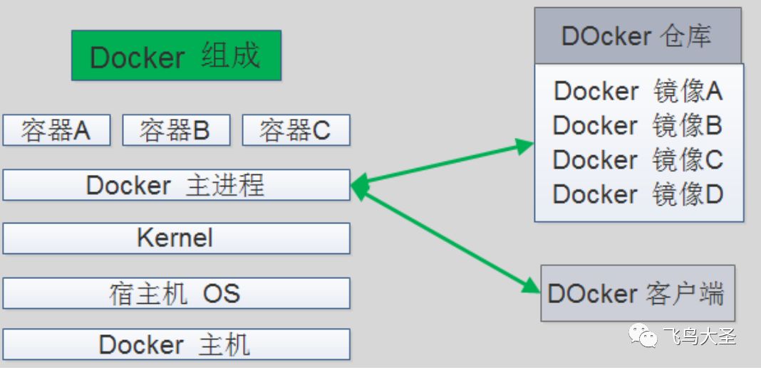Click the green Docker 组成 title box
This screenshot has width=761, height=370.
176,55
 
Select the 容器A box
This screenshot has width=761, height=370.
56,130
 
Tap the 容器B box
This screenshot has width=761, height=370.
176,130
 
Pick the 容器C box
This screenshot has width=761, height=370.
296,130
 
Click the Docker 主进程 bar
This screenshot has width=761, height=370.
176,185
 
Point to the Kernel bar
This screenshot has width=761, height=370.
176,238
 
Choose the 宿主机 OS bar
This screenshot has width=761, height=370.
176,293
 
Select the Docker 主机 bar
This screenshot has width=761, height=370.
176,344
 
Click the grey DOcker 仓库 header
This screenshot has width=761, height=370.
638,36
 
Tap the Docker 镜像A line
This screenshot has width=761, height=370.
638,92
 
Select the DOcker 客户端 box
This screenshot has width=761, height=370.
638,293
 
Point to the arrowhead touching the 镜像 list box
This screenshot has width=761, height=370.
524,145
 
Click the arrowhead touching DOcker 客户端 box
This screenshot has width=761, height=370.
531,287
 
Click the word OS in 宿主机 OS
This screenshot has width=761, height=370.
222,294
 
